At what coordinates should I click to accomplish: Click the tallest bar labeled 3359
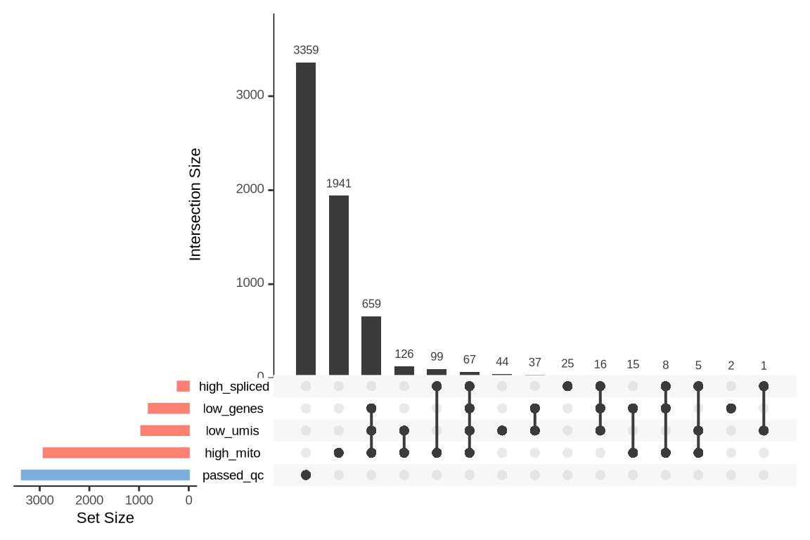coord(305,219)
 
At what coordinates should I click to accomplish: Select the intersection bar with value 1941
coord(338,285)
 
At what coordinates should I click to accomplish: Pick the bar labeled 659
coord(371,345)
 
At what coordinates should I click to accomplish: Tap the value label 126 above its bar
coord(404,354)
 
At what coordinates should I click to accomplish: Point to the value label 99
coord(437,357)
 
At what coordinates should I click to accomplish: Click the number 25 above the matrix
coord(567,364)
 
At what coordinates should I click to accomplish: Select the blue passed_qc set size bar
coord(105,475)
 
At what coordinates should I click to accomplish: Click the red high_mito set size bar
coord(116,453)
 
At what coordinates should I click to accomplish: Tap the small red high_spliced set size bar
coord(183,386)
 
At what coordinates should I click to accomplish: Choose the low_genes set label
coord(233,409)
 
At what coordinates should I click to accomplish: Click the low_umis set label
coord(232,431)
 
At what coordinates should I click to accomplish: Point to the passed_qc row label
coord(233,475)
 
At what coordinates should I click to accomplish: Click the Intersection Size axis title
coord(195,204)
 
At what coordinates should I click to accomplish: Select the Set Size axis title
coord(105,519)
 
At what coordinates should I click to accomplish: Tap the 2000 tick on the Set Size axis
coord(89,501)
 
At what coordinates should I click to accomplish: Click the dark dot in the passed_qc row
coord(305,475)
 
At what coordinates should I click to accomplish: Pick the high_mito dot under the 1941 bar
coord(338,453)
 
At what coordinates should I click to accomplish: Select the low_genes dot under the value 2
coord(731,409)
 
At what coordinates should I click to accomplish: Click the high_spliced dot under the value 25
coord(567,386)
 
